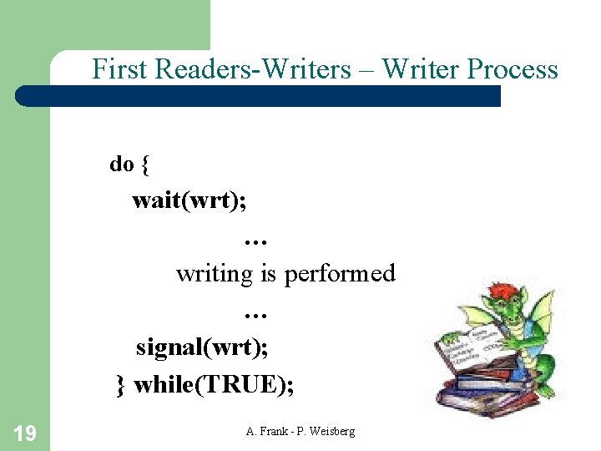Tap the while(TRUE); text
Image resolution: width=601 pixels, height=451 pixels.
[214, 384]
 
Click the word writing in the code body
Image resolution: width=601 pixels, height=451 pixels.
[214, 274]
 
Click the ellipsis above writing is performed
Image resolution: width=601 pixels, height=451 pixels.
[255, 240]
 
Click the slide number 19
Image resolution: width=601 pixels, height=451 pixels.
[24, 433]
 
